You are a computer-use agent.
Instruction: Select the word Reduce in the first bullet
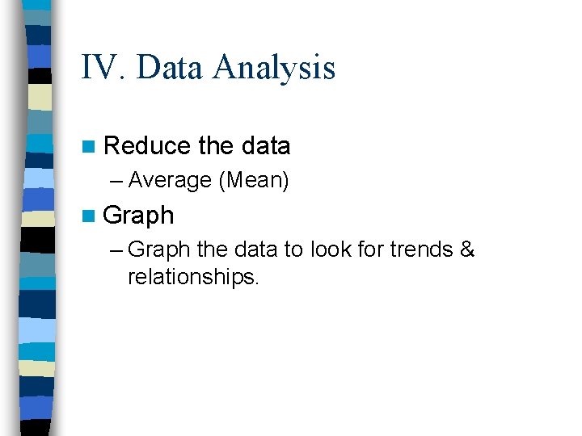tap(148, 146)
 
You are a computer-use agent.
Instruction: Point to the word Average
tap(170, 180)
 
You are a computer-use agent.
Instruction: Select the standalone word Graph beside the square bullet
tap(138, 216)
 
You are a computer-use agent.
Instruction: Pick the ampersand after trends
tap(466, 250)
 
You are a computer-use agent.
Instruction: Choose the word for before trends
tap(369, 250)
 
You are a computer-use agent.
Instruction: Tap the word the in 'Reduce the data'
tap(215, 146)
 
